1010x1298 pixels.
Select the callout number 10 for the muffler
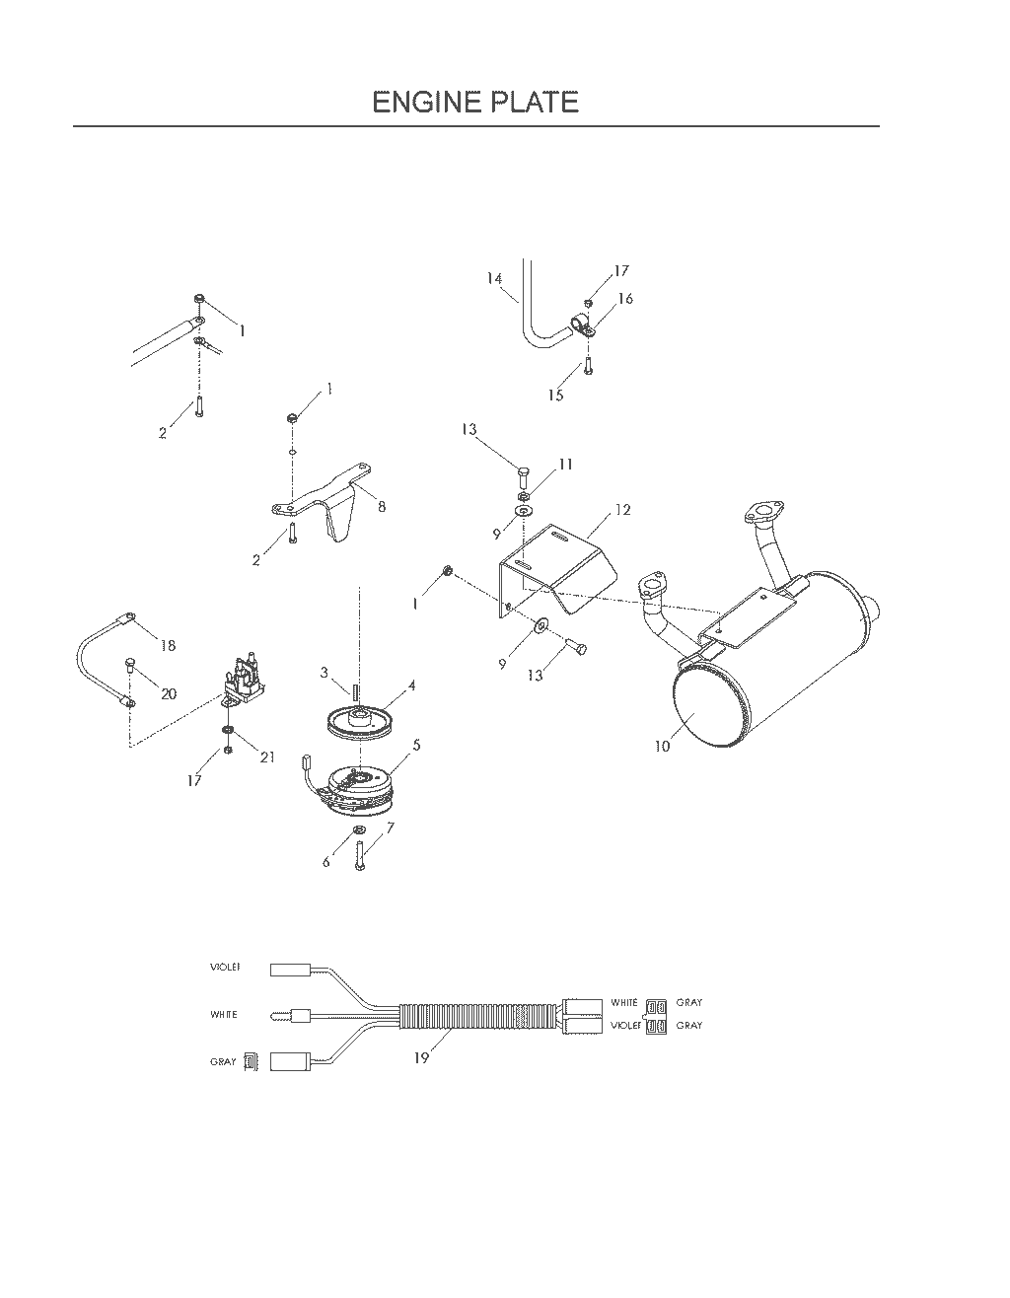(663, 746)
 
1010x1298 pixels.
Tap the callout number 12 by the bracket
(622, 510)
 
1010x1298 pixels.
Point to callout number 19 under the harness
(421, 1057)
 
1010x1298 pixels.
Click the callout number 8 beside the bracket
(382, 507)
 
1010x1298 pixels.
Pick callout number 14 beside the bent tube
(494, 278)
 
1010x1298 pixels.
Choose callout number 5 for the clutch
(416, 745)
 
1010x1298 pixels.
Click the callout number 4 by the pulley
(411, 685)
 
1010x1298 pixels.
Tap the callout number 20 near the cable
(169, 693)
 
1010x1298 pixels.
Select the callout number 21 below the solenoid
(267, 757)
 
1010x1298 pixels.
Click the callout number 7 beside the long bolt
(391, 828)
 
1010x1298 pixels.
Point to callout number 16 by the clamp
(625, 298)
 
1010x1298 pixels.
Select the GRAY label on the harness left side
(223, 1062)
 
